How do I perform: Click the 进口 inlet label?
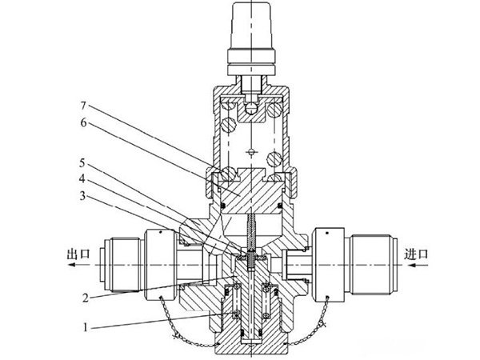click(416, 254)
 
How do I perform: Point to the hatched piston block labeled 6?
click(251, 193)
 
